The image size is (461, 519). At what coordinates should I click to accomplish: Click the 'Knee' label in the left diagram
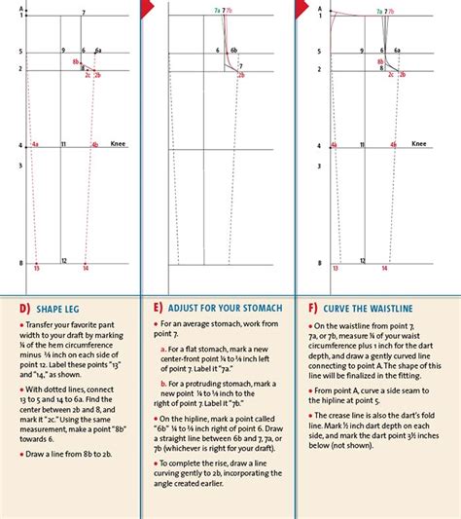[x=120, y=143]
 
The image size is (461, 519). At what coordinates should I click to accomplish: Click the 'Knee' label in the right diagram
[x=419, y=143]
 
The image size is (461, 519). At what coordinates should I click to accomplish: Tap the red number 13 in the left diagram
[x=37, y=267]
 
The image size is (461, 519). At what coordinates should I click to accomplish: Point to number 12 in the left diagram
[x=64, y=260]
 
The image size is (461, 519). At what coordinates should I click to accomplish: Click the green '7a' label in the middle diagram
[x=217, y=9]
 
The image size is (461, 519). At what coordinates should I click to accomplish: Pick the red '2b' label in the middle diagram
[x=241, y=74]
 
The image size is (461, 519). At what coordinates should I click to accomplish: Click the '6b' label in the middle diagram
[x=233, y=50]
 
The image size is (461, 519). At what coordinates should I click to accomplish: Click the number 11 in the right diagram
[x=362, y=143]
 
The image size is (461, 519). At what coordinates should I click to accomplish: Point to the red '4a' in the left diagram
[x=35, y=143]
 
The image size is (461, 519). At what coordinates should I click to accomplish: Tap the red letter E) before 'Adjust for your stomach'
[x=158, y=305]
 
